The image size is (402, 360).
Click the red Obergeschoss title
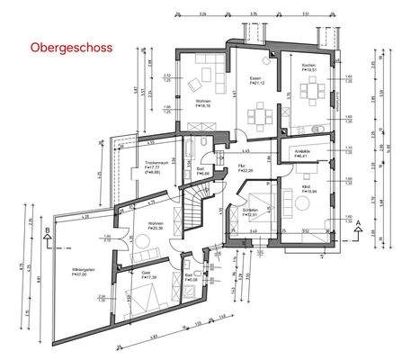tap(71, 47)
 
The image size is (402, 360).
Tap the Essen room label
tap(255, 77)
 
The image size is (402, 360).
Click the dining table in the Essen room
tap(262, 114)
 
